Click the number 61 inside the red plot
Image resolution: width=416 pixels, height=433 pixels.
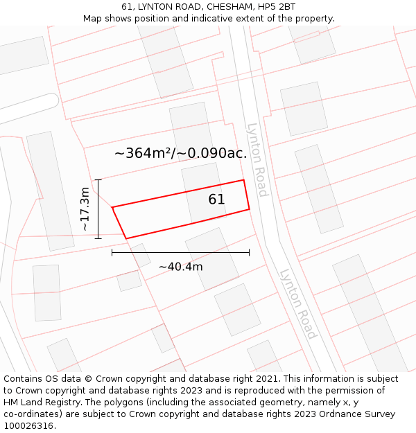[x=216, y=200]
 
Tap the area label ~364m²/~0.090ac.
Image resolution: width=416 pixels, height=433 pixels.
[x=180, y=154]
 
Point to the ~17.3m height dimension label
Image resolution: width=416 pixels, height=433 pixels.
[x=84, y=209]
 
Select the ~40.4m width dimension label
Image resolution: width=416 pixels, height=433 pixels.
[x=180, y=267]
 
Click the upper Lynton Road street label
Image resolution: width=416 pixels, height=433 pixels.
[x=257, y=160]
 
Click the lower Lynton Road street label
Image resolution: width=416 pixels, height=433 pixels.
[x=298, y=303]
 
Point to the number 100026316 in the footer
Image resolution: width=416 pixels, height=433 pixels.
[x=29, y=425]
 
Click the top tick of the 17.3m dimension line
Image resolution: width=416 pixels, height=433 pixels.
[x=98, y=180]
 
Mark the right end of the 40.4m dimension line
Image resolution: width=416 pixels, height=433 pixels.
[x=249, y=253]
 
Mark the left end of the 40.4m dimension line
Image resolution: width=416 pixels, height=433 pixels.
[x=112, y=253]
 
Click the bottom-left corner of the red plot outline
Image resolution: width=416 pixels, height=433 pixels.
[x=126, y=238]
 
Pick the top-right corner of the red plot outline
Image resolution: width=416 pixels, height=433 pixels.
[x=243, y=180]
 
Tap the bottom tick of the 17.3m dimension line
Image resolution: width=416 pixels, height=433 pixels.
[x=98, y=238]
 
